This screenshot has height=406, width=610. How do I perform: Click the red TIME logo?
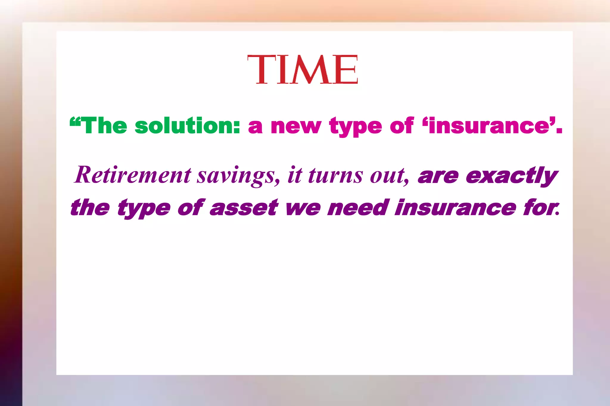(x=302, y=70)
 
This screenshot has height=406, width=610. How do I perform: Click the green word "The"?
(x=104, y=126)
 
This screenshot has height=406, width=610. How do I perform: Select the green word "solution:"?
(x=187, y=126)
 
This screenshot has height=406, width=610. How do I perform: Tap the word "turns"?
(x=335, y=175)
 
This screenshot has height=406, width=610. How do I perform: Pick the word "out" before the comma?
(x=388, y=175)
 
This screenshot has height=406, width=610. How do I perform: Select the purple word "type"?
(x=144, y=208)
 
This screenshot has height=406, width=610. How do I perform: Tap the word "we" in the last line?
(x=303, y=208)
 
